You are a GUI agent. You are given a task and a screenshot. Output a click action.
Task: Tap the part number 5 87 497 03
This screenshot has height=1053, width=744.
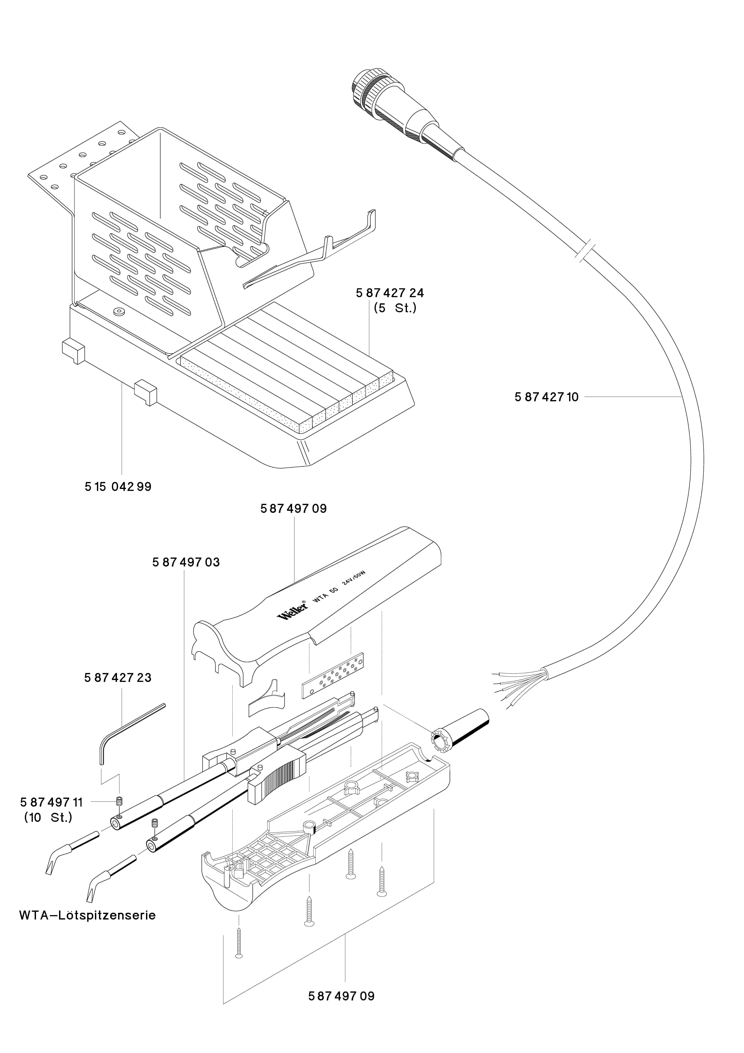[x=186, y=562]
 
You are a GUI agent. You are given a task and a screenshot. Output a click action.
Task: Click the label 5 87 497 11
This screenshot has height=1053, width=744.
[x=51, y=802]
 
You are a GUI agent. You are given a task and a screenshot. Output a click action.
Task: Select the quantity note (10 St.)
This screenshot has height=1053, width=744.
[x=48, y=818]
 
